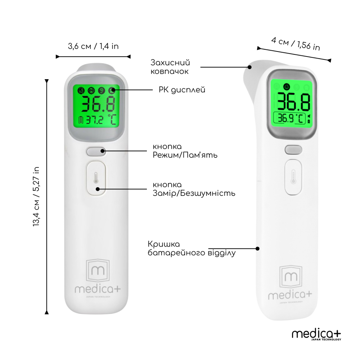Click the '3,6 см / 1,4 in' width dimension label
(x=93, y=46)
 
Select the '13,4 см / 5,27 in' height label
(x=36, y=197)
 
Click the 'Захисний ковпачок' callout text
(x=170, y=67)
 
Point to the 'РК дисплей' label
(x=182, y=90)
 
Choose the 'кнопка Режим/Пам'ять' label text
(x=185, y=151)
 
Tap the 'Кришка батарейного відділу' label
(x=192, y=248)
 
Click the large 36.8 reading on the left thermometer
(x=98, y=104)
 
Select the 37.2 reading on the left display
(x=95, y=120)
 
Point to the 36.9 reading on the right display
(x=285, y=118)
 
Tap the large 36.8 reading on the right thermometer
(x=294, y=102)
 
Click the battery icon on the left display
(x=81, y=120)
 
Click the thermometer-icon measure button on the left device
(x=96, y=178)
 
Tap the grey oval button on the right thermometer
(x=293, y=150)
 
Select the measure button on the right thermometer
(x=293, y=177)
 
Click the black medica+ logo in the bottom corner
(x=316, y=335)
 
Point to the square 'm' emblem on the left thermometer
(x=98, y=270)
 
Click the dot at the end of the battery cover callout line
(x=258, y=249)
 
